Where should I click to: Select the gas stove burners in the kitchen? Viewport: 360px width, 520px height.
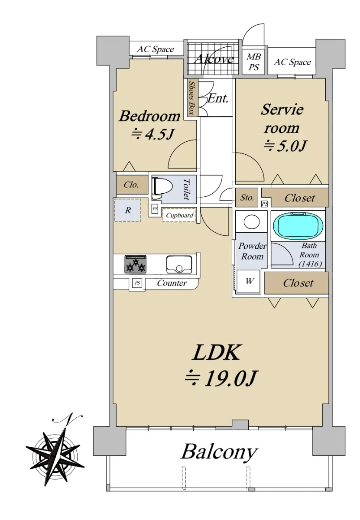[x=135, y=264]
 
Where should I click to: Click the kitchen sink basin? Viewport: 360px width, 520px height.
[x=179, y=264]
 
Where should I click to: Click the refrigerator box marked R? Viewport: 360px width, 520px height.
[x=127, y=210]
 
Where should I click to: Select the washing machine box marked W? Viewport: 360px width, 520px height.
[x=248, y=281]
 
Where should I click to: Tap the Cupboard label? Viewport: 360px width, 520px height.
[x=179, y=215]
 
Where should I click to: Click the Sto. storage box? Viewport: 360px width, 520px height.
[x=246, y=197]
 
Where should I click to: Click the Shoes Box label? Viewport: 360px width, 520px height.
[x=192, y=98]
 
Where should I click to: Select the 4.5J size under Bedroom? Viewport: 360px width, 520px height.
[x=159, y=134]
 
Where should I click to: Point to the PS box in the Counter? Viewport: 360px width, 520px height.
[x=137, y=283]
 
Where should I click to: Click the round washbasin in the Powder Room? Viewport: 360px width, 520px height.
[x=252, y=221]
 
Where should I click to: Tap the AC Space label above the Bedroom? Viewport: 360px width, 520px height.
[x=155, y=49]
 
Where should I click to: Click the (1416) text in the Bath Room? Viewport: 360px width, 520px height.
[x=310, y=264]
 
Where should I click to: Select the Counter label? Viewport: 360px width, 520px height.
[x=172, y=283]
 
